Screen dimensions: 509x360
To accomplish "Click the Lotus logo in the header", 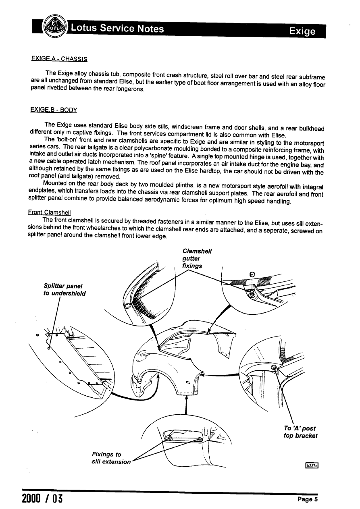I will [54, 27].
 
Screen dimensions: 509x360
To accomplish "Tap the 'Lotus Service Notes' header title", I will [117, 29].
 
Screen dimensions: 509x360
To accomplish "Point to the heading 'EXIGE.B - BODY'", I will [54, 110].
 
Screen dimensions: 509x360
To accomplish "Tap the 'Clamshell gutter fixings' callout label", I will [197, 258].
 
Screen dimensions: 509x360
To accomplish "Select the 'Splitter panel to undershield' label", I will [65, 289].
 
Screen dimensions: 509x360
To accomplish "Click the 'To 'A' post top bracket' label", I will [300, 432].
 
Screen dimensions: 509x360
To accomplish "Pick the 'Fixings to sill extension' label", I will [111, 458].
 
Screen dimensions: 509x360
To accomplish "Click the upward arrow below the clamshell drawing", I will [186, 403].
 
